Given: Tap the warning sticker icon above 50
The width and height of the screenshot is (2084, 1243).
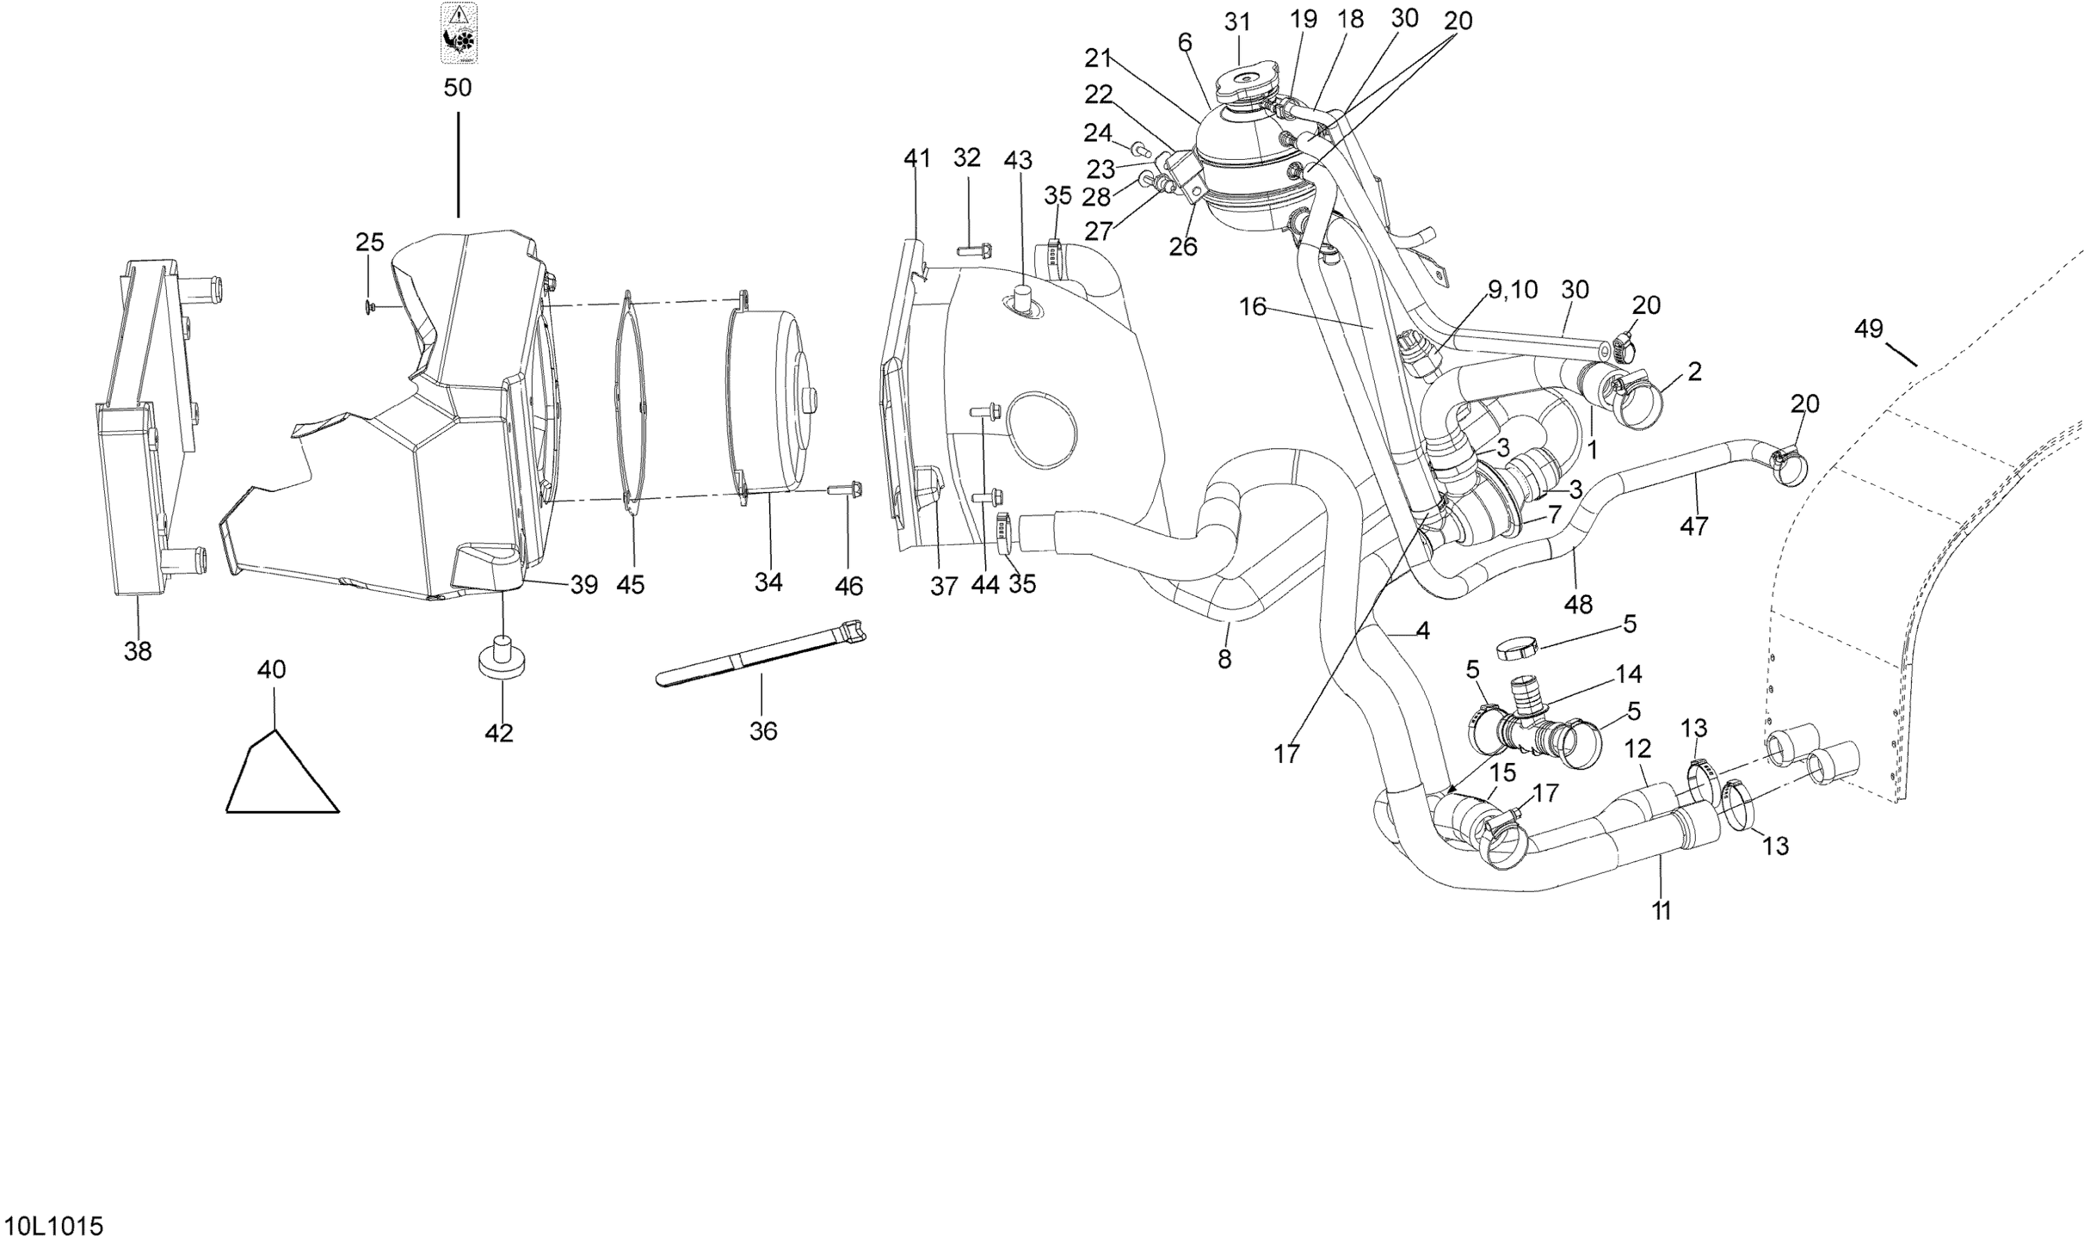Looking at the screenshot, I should click(459, 33).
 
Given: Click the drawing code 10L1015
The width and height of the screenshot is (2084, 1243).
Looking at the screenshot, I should click(52, 1227).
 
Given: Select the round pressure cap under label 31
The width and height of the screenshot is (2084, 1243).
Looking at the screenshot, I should click(1244, 85).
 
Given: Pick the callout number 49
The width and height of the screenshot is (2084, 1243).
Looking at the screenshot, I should click(1868, 329).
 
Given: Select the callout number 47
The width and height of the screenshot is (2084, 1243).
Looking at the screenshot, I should click(1694, 526).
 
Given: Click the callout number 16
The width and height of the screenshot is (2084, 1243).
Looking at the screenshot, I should click(1252, 307).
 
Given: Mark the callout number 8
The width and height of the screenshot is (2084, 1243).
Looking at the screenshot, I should click(1224, 659).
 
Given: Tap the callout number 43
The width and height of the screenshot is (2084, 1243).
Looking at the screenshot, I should click(1018, 160).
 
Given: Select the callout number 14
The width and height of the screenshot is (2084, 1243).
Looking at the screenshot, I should click(1628, 673).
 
